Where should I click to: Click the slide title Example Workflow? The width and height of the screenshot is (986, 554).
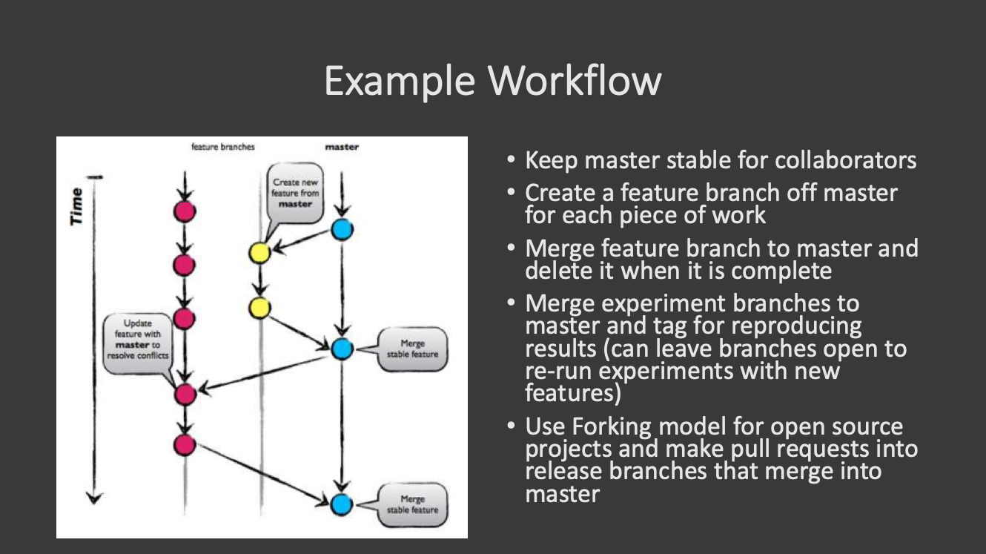492,80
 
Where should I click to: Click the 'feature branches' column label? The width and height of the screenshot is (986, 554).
222,147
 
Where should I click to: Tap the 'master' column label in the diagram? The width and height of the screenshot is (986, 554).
341,147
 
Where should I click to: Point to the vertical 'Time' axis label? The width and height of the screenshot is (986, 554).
76,206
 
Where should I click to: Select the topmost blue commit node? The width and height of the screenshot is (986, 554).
341,230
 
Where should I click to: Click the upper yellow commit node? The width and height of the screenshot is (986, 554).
259,254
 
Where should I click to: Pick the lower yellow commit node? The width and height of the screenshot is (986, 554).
259,307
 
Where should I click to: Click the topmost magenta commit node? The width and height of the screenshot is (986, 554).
185,211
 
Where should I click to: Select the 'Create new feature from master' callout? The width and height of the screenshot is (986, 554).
296,194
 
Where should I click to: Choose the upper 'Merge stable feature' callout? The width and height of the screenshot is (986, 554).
412,349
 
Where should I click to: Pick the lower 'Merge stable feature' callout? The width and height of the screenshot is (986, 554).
412,504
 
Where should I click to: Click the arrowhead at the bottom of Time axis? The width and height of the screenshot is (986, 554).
93,498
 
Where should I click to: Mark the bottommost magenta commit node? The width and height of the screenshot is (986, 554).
185,445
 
